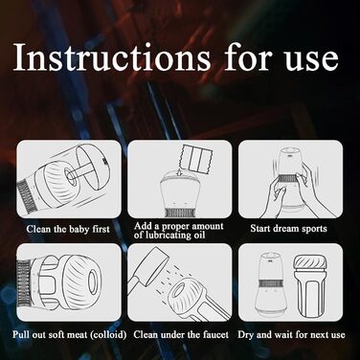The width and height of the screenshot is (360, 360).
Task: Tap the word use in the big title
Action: coord(311,60)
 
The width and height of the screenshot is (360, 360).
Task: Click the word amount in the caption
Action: coord(208,226)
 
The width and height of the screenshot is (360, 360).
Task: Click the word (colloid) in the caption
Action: coord(108,335)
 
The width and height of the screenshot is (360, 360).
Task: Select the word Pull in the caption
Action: coord(20,334)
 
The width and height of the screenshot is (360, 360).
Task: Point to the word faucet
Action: coord(215,335)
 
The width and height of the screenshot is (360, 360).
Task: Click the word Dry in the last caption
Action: coord(246,335)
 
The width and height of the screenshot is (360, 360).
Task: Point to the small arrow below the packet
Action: coord(180,172)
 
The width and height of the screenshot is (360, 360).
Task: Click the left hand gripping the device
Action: coord(276,196)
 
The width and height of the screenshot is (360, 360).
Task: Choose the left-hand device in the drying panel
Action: coord(271,285)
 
